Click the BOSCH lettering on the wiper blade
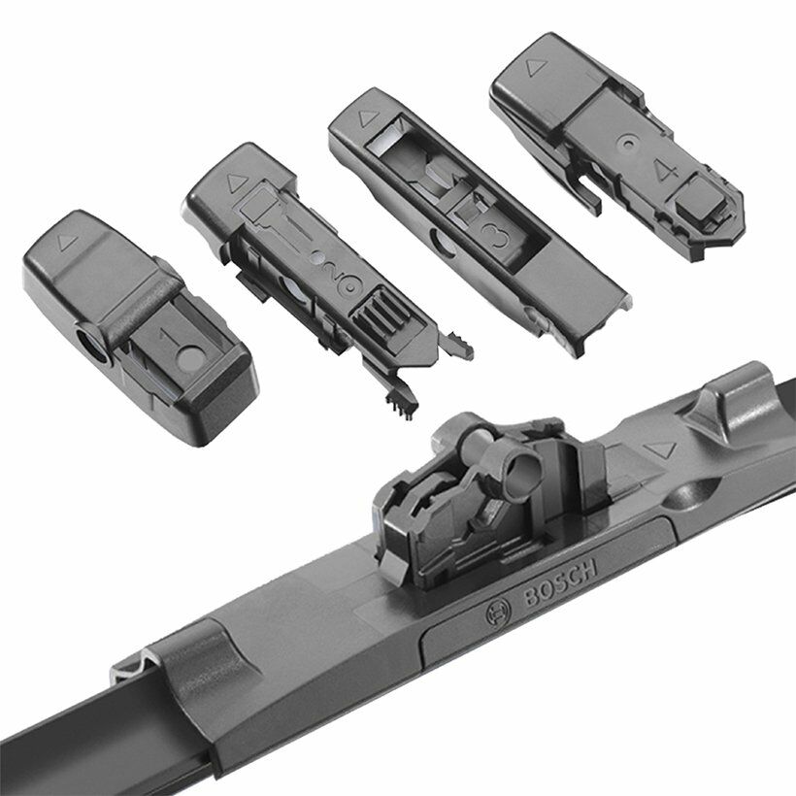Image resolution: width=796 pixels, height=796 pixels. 560,582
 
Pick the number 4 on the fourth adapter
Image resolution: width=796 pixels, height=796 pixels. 667,172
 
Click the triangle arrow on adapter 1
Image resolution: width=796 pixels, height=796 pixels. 67,243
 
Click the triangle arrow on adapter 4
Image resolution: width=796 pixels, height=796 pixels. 536,68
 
